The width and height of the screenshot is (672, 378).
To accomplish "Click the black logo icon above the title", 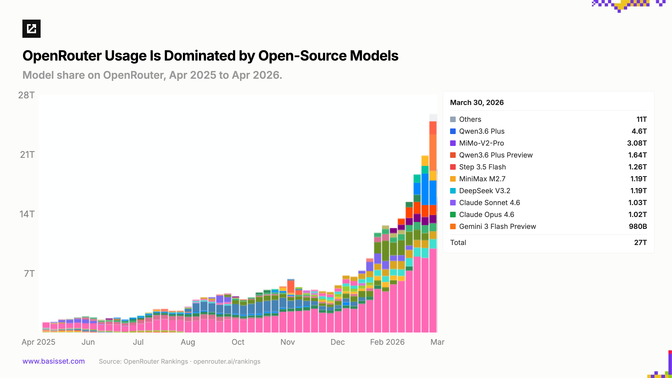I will [31, 29].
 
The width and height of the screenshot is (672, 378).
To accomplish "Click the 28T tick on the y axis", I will [26, 95].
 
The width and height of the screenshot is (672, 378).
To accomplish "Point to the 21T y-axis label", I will [27, 155].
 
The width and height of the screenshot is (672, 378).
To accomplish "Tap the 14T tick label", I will [27, 214].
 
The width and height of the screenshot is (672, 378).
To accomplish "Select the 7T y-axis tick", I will [29, 274].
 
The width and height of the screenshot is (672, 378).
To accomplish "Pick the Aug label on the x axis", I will [188, 342].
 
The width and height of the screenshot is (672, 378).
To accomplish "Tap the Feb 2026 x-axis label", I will [387, 342].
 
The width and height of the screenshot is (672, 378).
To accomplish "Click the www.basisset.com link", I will [54, 361].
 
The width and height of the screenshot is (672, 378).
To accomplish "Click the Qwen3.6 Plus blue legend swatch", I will [453, 131].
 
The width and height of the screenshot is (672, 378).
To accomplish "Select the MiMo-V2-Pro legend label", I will [481, 143].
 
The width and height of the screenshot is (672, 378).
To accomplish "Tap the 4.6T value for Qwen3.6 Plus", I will [639, 131].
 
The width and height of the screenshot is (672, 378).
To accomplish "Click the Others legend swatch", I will [453, 120].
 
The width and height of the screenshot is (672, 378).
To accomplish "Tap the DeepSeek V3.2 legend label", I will [484, 191].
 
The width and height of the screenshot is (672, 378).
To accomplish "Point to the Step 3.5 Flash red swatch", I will [453, 167].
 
